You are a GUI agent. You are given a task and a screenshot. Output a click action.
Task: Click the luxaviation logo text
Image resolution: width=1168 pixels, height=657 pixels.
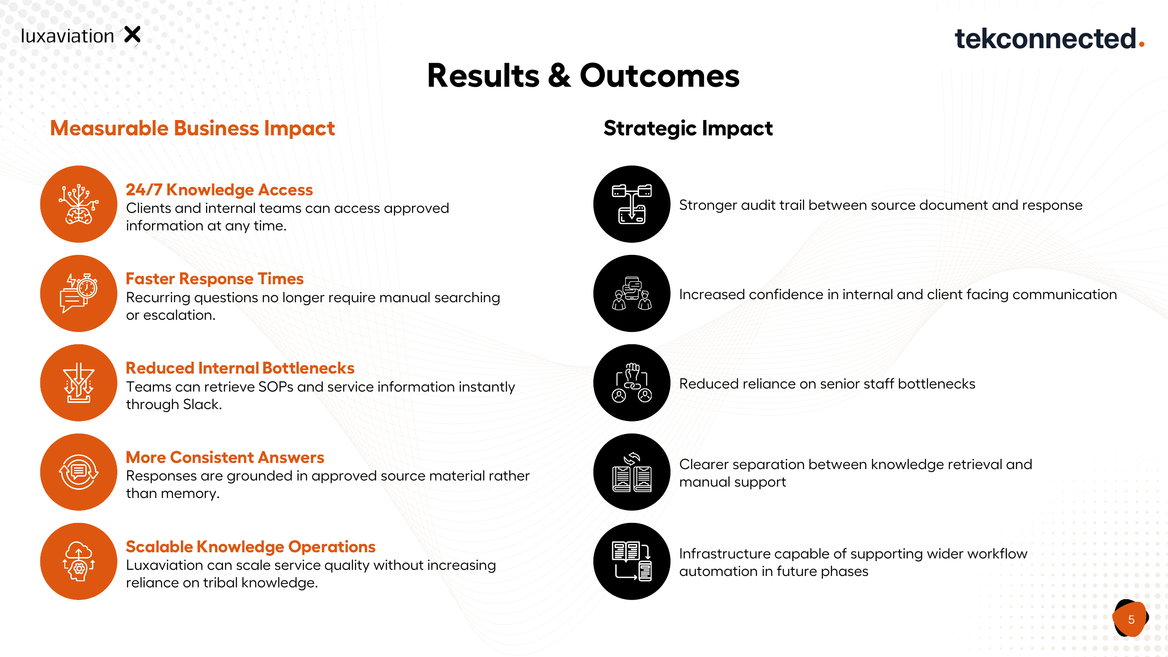coord(67,36)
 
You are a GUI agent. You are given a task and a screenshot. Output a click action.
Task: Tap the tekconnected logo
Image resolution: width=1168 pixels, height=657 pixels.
coord(1049,38)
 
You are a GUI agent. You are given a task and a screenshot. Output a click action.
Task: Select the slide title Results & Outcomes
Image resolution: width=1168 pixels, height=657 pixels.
coord(583,75)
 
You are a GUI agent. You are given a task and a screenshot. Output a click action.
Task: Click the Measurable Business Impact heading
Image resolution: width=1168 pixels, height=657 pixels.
coord(192,128)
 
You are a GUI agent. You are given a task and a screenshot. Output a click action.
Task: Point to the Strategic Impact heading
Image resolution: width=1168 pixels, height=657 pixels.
coord(688,128)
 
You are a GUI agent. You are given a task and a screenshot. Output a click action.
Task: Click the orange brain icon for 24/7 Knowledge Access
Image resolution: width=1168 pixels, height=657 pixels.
coord(79,204)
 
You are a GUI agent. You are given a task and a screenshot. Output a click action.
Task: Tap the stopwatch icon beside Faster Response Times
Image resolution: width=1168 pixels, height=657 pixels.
coord(79,293)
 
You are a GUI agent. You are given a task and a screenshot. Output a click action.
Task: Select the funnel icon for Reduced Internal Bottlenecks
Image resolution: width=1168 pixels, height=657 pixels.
coord(79,383)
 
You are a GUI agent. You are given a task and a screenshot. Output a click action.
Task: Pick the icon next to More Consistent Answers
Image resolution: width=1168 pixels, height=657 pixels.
coord(79,472)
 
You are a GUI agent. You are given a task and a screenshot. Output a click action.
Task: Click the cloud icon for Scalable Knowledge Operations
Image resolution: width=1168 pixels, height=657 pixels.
coord(79,562)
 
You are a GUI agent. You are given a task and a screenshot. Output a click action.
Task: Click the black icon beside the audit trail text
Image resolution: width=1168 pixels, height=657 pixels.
coord(632,204)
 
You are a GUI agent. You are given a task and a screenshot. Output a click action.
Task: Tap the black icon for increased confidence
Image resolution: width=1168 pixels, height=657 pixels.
coord(632,293)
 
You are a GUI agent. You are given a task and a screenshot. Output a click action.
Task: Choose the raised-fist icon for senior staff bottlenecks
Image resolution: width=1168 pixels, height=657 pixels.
coord(632,383)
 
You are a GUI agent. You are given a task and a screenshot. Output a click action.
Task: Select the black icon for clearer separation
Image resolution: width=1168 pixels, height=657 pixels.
coord(632,472)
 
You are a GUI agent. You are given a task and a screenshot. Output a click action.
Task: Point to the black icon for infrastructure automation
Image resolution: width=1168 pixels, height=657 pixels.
coord(632,562)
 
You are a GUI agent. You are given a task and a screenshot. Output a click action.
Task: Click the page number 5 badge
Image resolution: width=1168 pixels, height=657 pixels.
coord(1131,619)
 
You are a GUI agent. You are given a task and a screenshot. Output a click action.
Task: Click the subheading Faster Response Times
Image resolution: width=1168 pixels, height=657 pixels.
coord(215,279)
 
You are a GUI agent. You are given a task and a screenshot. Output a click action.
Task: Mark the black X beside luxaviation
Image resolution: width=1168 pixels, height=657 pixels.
coord(132,35)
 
